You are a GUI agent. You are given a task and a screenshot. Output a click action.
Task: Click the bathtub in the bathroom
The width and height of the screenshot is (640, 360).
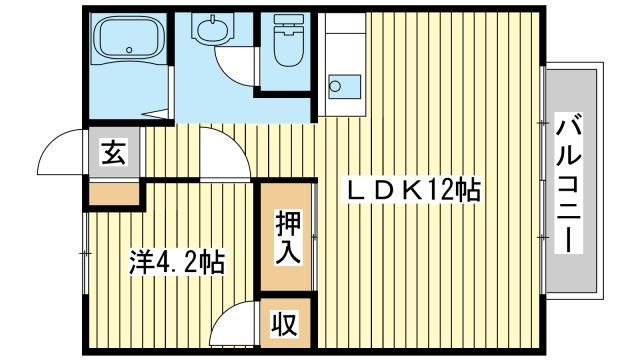click(129, 38)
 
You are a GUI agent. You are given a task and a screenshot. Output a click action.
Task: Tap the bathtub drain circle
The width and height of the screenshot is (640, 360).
click(129, 50)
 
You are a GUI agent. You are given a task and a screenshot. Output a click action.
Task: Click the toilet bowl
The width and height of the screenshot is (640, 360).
click(288, 48)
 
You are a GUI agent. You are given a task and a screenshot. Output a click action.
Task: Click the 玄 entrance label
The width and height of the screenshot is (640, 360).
click(113, 151)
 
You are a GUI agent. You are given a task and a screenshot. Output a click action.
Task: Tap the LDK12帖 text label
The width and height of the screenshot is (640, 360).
click(413, 190)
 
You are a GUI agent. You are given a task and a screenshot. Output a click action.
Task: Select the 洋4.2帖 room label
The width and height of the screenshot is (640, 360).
click(177, 262)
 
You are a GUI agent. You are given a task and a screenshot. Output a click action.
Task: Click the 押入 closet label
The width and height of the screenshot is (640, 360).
click(288, 237)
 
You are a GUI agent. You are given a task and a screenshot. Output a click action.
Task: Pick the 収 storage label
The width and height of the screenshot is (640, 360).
click(285, 323)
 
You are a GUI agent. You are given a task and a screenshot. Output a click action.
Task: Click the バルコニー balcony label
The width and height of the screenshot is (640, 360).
click(569, 182)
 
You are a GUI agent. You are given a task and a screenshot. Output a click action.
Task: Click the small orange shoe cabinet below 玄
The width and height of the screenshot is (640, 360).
click(114, 195)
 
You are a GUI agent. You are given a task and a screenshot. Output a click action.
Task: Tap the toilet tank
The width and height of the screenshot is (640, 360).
click(289, 21)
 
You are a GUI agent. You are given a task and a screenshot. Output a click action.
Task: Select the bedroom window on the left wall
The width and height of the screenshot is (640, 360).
click(85, 253)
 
